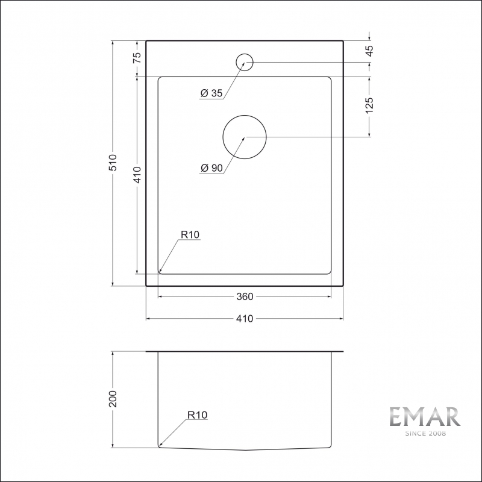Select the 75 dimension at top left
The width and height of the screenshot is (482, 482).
pyautogui.click(x=137, y=58)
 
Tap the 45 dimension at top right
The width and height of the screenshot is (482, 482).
pyautogui.click(x=369, y=51)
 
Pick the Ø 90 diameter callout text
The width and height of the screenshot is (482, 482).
pyautogui.click(x=212, y=169)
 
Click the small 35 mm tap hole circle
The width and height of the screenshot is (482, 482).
pyautogui.click(x=244, y=61)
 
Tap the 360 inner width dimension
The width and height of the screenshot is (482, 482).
pyautogui.click(x=244, y=296)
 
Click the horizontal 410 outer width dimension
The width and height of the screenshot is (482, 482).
pyautogui.click(x=244, y=319)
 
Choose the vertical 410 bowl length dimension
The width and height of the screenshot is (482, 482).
pyautogui.click(x=137, y=175)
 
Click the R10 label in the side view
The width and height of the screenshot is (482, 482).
pyautogui.click(x=197, y=415)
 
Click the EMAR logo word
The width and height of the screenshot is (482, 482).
pyautogui.click(x=424, y=417)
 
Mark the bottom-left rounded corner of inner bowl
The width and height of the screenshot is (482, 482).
pyautogui.click(x=160, y=272)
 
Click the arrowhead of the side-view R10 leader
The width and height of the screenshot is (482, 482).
pyautogui.click(x=161, y=445)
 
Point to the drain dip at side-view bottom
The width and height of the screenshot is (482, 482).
pyautogui.click(x=244, y=449)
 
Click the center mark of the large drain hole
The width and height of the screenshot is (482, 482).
pyautogui.click(x=244, y=137)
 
